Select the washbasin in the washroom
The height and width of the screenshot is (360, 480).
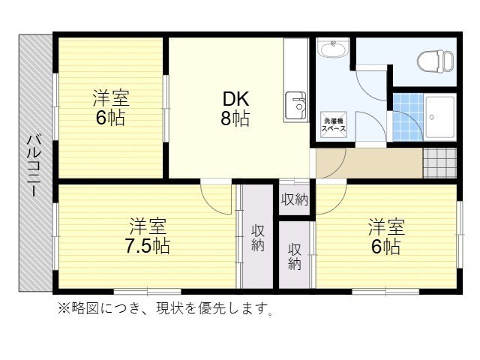tap(331, 50)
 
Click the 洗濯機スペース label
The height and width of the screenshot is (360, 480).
tap(333, 125)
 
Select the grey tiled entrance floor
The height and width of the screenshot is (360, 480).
tap(439, 162)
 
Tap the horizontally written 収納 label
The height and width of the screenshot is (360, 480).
tap(295, 199)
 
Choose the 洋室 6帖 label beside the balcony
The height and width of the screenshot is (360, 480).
tap(110, 108)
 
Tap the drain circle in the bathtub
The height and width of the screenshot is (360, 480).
tap(433, 117)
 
